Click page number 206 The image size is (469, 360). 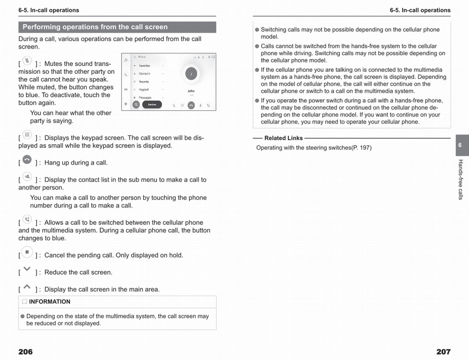[25, 352]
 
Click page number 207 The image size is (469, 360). [443, 352]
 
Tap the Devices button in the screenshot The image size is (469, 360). [152, 105]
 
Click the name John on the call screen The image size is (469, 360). [191, 91]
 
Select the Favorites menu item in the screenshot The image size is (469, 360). [145, 66]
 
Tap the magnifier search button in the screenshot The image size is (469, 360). [136, 105]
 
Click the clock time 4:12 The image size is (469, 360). [211, 57]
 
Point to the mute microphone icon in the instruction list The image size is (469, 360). [27, 61]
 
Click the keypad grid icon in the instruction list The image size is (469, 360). [27, 135]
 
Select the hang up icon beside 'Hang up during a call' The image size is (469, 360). [27, 159]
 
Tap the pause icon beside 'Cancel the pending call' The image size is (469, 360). [27, 252]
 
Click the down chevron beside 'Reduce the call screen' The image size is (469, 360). [27, 269]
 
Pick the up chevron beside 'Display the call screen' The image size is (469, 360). [27, 287]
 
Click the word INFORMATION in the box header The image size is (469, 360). [50, 302]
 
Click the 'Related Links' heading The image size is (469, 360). [283, 138]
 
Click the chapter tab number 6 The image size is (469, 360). [460, 145]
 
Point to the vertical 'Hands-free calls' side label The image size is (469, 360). [460, 179]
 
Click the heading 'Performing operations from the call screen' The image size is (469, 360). [95, 27]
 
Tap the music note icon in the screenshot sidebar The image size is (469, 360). [126, 60]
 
